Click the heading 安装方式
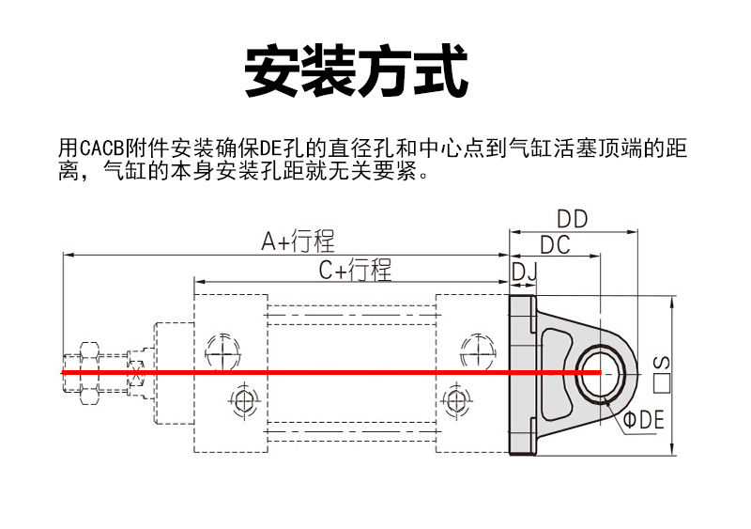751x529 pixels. pyautogui.click(x=356, y=70)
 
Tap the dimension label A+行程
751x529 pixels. pyautogui.click(x=297, y=241)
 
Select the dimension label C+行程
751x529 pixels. pyautogui.click(x=354, y=272)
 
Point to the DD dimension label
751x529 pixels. pyautogui.click(x=571, y=219)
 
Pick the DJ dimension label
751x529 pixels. pyautogui.click(x=523, y=272)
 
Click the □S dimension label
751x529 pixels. pyautogui.click(x=661, y=373)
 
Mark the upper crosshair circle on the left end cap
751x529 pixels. pyautogui.click(x=222, y=350)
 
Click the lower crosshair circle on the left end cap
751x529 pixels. pyautogui.click(x=243, y=401)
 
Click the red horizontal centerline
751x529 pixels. pyautogui.click(x=329, y=373)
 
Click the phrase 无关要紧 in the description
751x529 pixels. pyautogui.click(x=379, y=173)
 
